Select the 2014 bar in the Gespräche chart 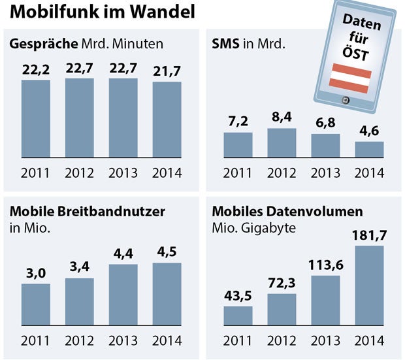pos(167,120)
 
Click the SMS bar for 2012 pos(281,142)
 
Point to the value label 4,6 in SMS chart pos(369,133)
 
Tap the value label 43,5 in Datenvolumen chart pos(238,297)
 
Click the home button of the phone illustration pos(346,101)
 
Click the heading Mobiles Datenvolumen pos(287,212)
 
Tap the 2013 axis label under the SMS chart pos(325,173)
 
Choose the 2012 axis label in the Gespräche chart pos(80,173)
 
